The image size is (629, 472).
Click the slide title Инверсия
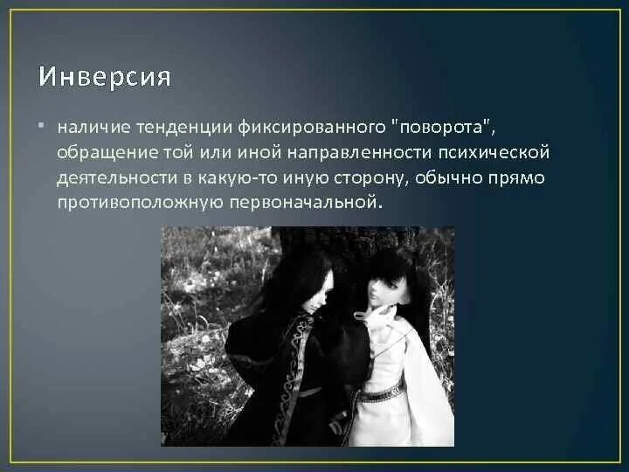(x=104, y=77)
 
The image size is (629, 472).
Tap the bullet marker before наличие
(x=42, y=128)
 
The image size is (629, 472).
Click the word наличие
(x=88, y=128)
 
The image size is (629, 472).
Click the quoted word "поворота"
(x=446, y=128)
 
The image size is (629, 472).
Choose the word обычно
(x=462, y=177)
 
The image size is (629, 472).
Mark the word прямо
(x=522, y=177)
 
